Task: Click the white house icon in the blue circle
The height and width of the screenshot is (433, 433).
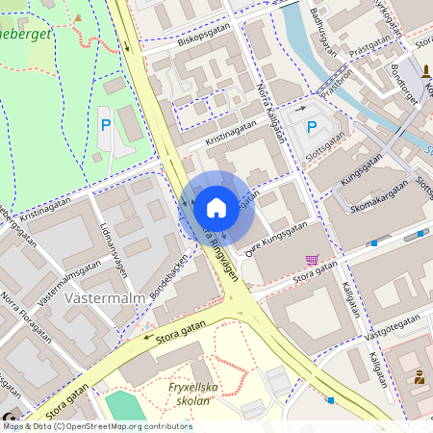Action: coord(216,207)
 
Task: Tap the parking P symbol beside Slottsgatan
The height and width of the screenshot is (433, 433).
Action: coord(311,126)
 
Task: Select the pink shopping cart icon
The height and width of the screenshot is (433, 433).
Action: coord(312,259)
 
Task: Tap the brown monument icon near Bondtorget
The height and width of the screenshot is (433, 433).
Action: coord(425,70)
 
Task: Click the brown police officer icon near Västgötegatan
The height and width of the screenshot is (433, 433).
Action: coord(420,377)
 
